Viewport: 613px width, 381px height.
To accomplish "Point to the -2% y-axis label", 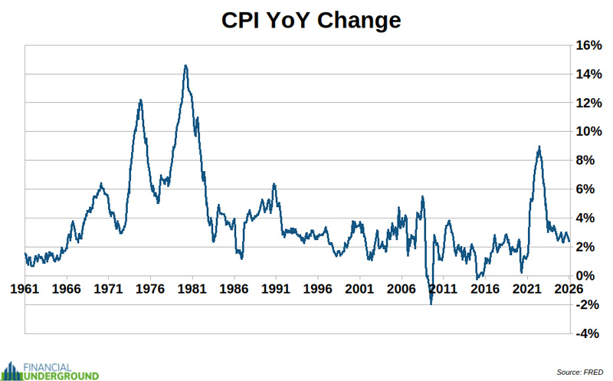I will (x=588, y=304).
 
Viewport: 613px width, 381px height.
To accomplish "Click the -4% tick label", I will (x=588, y=333).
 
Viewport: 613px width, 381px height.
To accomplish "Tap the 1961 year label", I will (x=25, y=289).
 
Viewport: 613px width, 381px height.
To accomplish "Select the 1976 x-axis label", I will (x=150, y=289).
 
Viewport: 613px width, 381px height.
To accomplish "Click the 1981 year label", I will (x=192, y=289).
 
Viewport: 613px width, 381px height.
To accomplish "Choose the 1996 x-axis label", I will (x=317, y=289).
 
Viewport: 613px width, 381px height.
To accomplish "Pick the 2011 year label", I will (x=443, y=289).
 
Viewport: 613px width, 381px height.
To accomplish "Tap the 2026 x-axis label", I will (x=568, y=289).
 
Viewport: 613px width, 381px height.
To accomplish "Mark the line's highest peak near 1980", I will (x=185, y=66).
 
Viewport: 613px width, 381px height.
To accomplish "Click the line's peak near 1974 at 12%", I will (x=140, y=100).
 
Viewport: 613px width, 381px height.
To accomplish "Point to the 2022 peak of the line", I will (x=539, y=146).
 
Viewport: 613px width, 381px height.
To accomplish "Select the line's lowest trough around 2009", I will (x=431, y=304).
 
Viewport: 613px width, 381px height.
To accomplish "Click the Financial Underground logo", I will (x=50, y=370).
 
